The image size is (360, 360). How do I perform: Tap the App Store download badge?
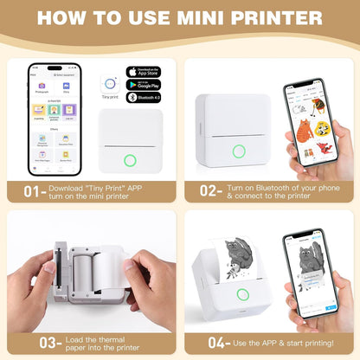pos(143,72)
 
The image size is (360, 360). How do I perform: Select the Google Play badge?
pos(143,86)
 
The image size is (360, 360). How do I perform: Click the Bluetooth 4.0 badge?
pos(143,100)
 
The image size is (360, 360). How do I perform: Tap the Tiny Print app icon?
pos(111,81)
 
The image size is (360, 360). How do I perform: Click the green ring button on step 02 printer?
pos(239,151)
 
